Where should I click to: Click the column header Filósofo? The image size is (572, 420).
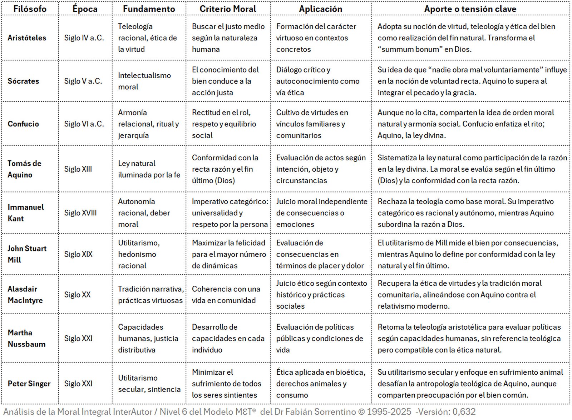click(x=30, y=9)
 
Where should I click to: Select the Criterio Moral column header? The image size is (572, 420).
click(x=228, y=9)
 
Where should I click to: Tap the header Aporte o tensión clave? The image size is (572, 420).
click(x=470, y=9)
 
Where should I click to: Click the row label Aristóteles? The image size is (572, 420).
click(x=27, y=38)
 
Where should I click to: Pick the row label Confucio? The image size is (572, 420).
click(x=23, y=124)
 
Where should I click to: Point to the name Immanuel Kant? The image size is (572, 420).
click(x=25, y=213)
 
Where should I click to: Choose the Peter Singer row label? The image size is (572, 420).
click(x=29, y=384)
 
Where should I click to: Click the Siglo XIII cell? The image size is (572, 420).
click(x=78, y=169)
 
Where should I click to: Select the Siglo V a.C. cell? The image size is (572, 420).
click(x=83, y=81)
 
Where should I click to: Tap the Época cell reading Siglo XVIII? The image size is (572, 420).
click(x=80, y=213)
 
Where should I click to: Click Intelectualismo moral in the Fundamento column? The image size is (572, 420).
click(x=144, y=81)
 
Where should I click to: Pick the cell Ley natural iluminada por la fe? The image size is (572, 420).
click(x=149, y=169)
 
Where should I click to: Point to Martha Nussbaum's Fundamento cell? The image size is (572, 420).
click(x=148, y=338)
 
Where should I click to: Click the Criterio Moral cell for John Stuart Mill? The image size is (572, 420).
click(x=228, y=254)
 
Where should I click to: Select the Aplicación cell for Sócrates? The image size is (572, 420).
click(x=317, y=81)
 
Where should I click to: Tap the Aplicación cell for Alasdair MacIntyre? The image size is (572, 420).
click(x=321, y=295)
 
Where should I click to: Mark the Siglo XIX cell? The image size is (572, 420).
click(x=78, y=254)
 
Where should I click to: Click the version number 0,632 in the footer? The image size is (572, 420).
click(x=464, y=412)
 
